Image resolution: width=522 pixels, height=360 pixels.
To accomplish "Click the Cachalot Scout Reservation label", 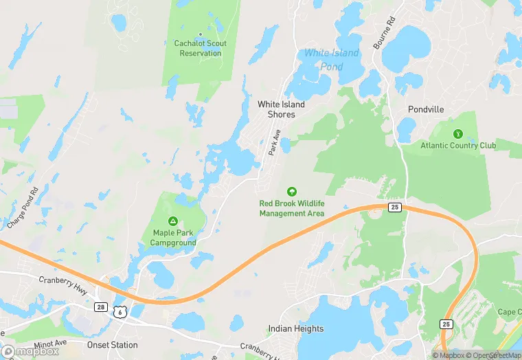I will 200,48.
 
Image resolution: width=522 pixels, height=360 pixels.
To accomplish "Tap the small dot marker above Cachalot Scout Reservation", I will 200,34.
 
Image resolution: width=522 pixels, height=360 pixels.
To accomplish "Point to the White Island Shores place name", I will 281,109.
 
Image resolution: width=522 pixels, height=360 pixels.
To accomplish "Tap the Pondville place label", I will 426,109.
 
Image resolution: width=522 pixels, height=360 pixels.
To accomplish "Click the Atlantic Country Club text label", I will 457,145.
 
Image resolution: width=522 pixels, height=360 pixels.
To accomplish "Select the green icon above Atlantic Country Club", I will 457,133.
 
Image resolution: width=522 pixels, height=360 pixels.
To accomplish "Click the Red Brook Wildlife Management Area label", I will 291,208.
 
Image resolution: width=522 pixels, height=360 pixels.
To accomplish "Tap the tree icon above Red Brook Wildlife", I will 291,192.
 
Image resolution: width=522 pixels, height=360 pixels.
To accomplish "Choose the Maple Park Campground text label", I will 173,238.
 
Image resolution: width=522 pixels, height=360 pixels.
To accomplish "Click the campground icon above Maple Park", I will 173,221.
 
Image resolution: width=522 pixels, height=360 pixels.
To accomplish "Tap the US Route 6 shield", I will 121,311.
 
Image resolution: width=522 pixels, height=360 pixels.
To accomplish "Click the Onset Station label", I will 113,345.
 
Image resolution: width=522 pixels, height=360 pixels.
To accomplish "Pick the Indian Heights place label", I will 296,328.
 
